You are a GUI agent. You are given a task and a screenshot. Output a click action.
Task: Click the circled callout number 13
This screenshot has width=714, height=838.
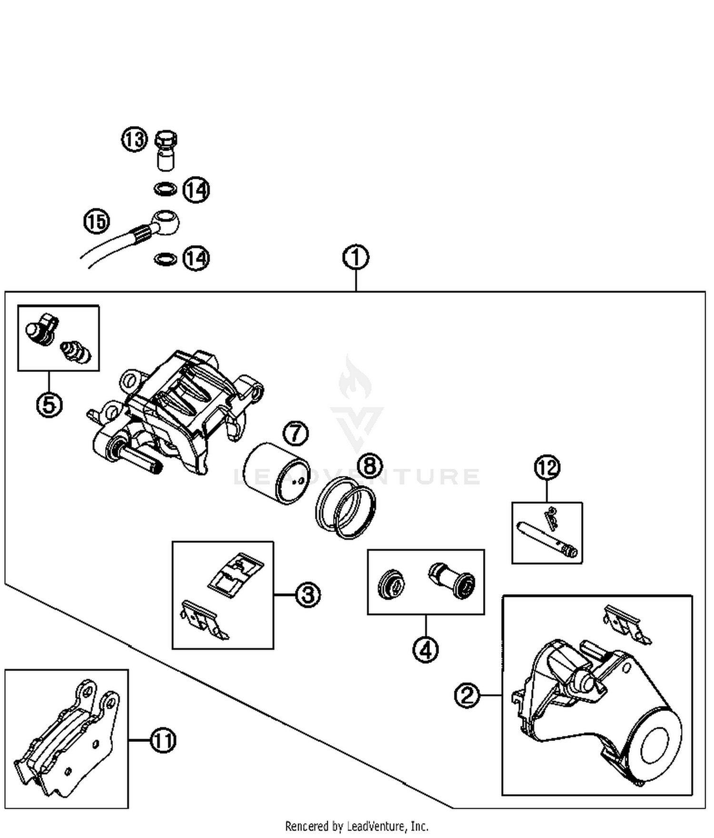coord(134,140)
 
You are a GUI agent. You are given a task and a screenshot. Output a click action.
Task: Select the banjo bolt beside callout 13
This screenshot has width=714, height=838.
coord(166,150)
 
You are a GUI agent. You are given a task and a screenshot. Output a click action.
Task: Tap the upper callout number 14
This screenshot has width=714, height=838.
coord(196,190)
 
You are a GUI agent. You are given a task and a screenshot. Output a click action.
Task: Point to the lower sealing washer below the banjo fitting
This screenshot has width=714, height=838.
coord(166,259)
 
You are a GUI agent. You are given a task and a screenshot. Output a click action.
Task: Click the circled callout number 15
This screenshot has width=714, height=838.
coord(97,221)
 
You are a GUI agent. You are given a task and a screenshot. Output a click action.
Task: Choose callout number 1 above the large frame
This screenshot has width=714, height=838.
coord(356,258)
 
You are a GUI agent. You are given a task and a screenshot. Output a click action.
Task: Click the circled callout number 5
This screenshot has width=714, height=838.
coord(50,405)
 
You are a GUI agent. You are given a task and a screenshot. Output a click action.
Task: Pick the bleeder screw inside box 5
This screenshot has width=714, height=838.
coord(76,352)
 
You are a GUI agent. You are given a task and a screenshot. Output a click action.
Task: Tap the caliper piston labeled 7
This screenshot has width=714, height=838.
coord(276,474)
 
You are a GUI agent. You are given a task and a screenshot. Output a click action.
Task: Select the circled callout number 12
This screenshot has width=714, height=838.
coord(547,468)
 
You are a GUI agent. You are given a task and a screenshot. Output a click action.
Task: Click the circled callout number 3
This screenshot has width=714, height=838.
coord(308,595)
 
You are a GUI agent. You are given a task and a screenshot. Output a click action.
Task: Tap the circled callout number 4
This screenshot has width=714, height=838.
coord(425,649)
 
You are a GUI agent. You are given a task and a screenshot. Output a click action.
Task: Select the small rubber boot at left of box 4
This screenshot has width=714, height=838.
coord(392,584)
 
